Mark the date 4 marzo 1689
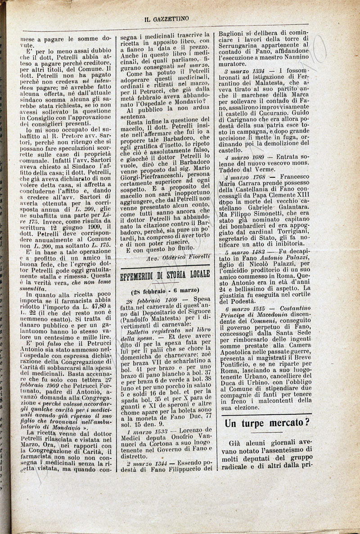[x=247, y=157]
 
